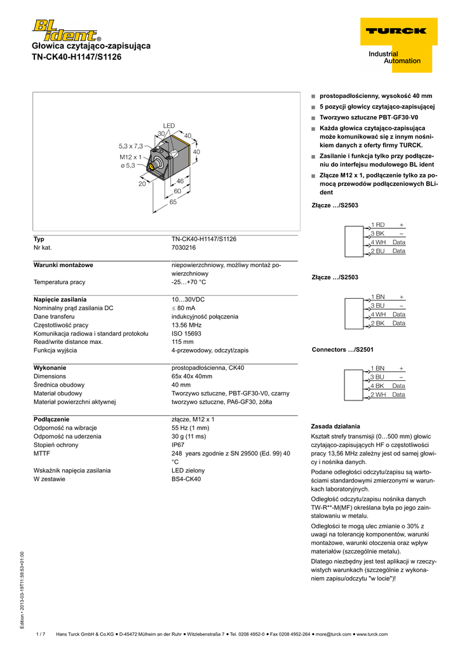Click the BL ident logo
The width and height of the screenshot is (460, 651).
65,31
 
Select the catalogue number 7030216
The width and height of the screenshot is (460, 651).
184,247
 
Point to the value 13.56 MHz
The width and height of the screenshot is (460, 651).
187,325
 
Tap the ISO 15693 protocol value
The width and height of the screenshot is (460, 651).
186,333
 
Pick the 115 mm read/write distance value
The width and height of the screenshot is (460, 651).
182,341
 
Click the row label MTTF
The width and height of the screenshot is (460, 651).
42,453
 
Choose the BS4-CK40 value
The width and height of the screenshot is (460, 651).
186,479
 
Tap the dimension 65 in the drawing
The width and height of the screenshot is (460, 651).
173,202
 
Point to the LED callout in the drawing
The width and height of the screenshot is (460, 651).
168,126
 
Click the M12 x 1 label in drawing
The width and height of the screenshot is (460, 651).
130,156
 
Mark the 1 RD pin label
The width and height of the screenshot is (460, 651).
377,224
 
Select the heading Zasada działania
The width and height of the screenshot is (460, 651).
335,426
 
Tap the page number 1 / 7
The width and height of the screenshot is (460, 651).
41,634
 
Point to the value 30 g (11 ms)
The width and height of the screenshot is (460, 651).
191,437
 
